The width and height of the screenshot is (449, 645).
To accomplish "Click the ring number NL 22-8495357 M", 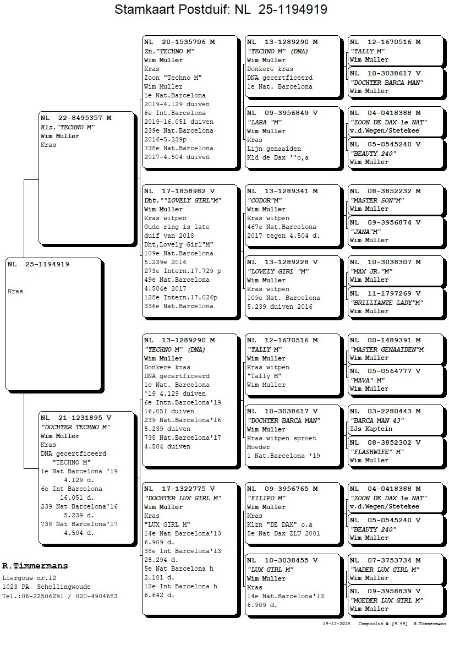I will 76,118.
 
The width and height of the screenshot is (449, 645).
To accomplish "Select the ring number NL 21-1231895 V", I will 76,418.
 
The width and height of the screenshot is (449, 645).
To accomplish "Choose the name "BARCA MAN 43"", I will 376,420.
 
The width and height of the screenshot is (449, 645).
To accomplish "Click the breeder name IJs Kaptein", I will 371,429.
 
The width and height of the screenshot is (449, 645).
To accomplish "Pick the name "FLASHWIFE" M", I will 377,452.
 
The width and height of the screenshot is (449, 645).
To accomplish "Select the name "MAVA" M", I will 367,380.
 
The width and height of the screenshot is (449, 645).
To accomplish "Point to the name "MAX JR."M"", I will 372,271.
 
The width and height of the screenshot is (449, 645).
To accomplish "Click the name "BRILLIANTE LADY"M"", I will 386,303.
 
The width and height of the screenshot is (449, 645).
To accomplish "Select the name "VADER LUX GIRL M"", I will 385,570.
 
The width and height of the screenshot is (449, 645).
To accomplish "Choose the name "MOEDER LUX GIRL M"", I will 386,600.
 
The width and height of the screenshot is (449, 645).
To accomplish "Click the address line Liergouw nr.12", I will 29,578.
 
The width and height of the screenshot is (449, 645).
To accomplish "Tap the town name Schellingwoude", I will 64,587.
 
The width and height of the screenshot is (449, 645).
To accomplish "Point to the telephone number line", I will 59,596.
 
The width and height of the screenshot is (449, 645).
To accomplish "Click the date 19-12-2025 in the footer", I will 336,624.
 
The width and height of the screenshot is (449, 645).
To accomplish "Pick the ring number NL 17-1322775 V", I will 179,489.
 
